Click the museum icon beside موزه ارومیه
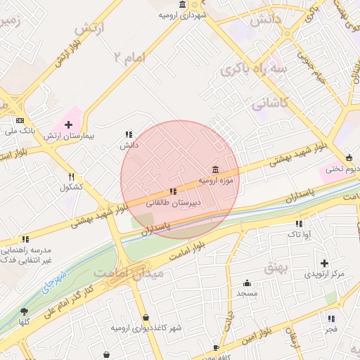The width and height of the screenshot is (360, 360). [214, 169]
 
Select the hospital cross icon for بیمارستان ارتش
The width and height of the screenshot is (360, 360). [68, 124]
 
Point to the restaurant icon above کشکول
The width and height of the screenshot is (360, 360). [71, 177]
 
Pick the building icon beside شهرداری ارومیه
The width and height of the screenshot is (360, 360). [183, 5]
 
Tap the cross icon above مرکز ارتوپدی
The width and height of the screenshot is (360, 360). [323, 262]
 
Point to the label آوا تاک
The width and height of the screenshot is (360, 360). [299, 233]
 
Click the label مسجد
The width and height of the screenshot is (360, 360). [247, 292]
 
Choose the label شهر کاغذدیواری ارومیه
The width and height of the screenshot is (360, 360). [146, 328]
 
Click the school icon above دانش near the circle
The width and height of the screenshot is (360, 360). [129, 134]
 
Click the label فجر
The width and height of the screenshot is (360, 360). [331, 328]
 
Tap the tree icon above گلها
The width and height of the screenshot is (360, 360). [25, 311]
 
